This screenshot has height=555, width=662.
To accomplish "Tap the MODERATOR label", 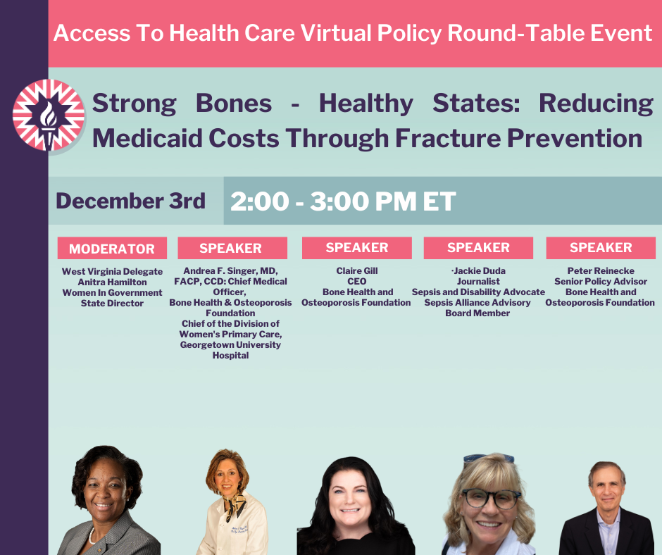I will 112,249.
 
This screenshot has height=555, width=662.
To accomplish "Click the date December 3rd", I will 130,201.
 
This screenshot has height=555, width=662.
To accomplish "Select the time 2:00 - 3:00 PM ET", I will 343,201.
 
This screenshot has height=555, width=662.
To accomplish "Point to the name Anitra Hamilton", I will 112,282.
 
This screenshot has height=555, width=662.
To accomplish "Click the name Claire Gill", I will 356,271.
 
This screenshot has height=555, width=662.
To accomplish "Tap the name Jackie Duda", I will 480,271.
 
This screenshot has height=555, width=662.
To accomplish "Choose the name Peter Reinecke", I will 601,271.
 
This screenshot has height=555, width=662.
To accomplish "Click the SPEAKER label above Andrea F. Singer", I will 231,248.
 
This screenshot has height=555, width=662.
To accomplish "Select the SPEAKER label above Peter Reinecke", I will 601,248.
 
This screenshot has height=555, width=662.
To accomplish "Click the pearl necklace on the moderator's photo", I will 94,535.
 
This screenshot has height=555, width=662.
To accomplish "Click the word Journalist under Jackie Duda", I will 478,282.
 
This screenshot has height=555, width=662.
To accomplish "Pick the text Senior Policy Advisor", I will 600,282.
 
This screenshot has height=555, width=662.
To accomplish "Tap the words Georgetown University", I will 230,345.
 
